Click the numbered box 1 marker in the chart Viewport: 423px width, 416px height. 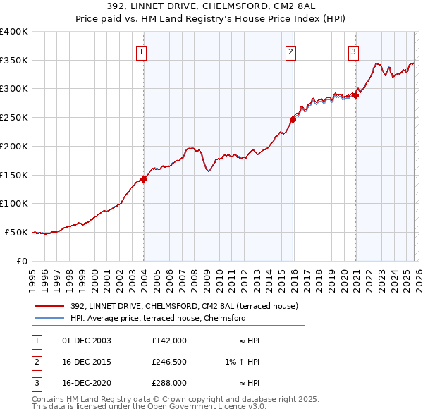[142, 51]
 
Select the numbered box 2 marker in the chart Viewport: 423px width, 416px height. [290, 51]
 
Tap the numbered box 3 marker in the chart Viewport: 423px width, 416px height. [353, 51]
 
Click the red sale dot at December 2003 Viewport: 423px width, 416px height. [144, 179]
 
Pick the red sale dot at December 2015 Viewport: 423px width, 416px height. [293, 119]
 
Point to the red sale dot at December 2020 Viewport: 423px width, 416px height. [356, 95]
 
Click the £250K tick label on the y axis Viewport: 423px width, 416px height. [13, 118]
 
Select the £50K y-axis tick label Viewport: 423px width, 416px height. [16, 232]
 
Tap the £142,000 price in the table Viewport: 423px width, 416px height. [168, 341]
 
